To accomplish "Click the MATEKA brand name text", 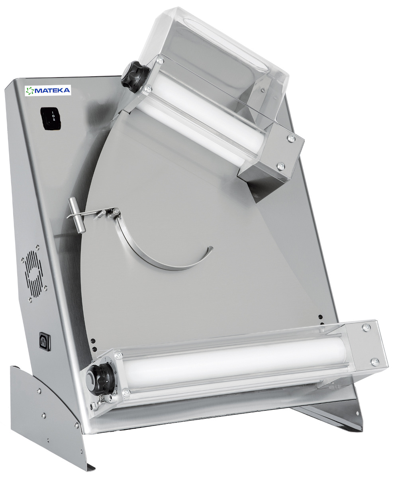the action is point(52,90).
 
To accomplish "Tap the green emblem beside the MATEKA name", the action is point(30,91).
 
